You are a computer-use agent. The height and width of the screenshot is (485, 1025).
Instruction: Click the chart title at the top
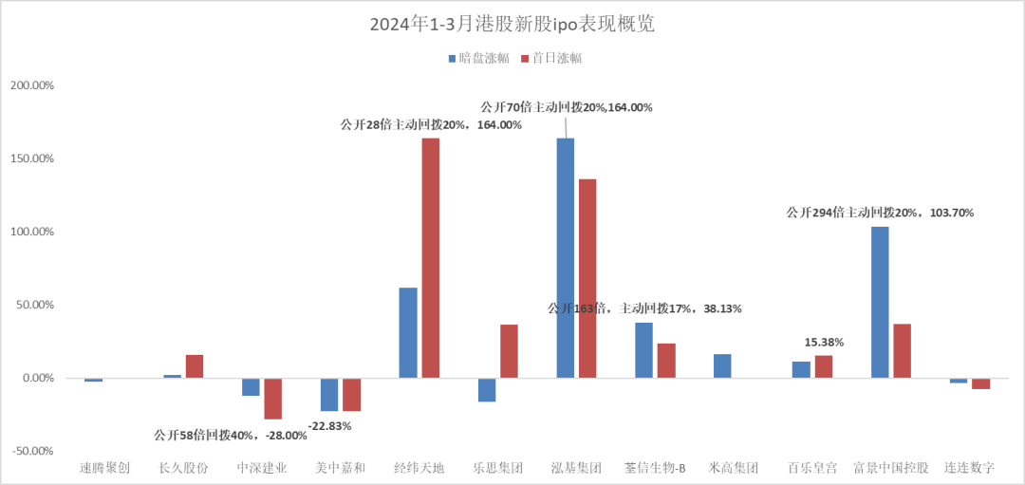point(512,26)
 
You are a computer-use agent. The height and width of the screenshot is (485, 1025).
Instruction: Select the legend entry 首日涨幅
point(551,58)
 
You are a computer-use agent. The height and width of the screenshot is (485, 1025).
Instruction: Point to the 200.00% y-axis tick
point(31,85)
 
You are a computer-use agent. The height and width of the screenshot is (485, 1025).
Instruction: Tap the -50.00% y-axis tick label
point(31,451)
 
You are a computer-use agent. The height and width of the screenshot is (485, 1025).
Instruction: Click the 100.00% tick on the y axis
point(31,232)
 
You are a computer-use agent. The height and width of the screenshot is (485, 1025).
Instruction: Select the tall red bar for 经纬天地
point(431,258)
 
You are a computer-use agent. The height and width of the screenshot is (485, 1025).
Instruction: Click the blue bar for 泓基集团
point(566,258)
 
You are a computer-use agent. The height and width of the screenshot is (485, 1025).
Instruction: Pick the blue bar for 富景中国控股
point(880,303)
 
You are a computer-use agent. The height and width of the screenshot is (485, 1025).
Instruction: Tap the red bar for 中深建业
point(273,399)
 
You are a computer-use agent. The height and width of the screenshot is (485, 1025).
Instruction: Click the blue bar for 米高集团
point(722,366)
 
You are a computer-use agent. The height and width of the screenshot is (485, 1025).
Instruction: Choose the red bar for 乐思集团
point(510,351)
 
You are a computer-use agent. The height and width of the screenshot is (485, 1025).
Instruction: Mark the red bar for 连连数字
point(980,383)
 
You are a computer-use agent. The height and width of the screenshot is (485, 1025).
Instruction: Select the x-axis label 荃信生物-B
point(654,468)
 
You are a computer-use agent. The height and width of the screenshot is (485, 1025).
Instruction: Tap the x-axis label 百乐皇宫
point(812,468)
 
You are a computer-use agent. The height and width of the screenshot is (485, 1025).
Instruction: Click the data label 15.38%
point(824,342)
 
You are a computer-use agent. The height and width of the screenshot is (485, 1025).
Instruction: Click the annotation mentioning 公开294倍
point(880,213)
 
